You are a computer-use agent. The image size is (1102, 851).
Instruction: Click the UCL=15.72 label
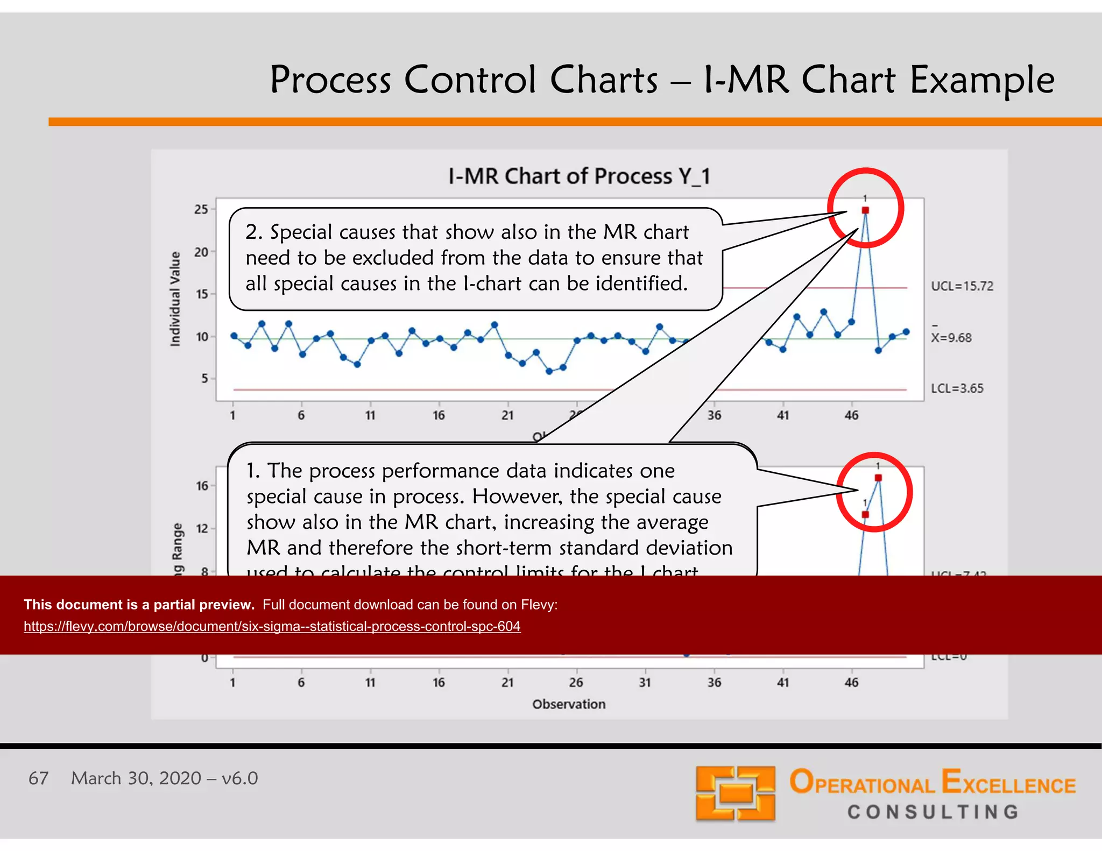point(962,286)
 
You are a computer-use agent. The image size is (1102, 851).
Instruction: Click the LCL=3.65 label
point(957,388)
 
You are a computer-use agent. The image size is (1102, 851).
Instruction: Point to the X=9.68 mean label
point(951,337)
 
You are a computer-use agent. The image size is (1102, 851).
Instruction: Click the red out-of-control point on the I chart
point(865,210)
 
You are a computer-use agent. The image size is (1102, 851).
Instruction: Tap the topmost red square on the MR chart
point(878,478)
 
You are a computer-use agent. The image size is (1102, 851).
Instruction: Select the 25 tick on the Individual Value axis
point(201,209)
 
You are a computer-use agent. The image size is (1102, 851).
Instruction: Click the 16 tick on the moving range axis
point(202,486)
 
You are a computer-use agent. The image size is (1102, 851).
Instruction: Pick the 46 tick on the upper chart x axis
point(851,415)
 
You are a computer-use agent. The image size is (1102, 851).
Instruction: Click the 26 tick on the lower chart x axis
point(576,683)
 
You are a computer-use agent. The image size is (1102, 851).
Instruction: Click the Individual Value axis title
point(175,299)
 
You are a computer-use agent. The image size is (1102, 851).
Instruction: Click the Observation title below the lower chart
point(569,704)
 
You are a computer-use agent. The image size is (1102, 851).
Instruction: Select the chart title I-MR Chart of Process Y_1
point(579,176)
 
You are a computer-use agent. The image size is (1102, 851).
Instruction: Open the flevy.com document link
point(272,626)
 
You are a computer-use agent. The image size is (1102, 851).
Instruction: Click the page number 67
point(38,778)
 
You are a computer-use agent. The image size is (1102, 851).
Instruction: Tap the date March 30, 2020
point(136,778)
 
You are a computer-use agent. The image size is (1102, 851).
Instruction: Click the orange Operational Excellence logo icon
point(735,793)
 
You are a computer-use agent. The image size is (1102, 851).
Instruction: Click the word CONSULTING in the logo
point(934,812)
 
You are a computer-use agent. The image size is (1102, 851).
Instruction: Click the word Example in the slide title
point(981,80)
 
